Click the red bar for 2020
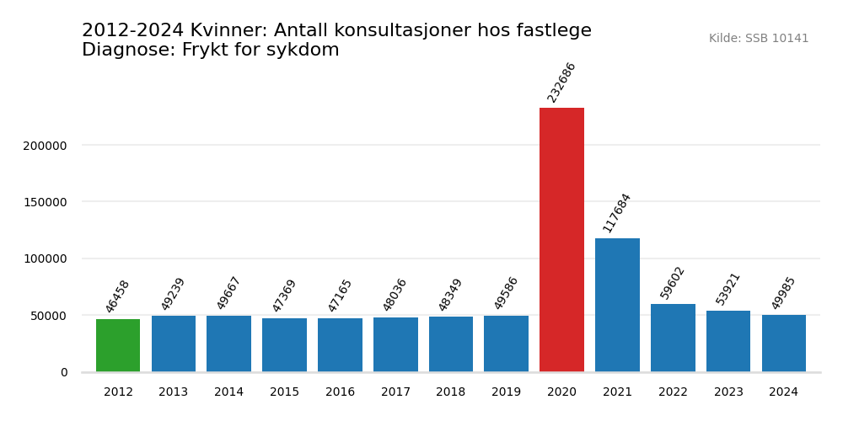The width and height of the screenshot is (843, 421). click(x=561, y=240)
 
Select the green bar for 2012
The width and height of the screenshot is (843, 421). click(x=118, y=345)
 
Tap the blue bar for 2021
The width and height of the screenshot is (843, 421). click(x=617, y=305)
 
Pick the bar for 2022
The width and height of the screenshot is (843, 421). click(x=673, y=338)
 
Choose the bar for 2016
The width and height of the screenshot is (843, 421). click(x=340, y=344)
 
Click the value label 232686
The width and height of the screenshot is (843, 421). click(x=561, y=83)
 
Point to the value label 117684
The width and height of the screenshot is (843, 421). click(x=617, y=213)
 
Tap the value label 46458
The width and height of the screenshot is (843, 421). click(x=118, y=296)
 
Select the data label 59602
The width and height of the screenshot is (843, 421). click(x=673, y=283)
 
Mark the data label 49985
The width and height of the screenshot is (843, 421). click(x=784, y=293)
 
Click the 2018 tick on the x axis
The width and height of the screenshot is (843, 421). click(x=451, y=392)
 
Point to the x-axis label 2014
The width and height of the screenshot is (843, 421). click(x=228, y=392)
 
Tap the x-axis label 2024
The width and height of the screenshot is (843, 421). click(x=784, y=392)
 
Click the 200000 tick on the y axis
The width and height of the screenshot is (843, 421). click(x=45, y=146)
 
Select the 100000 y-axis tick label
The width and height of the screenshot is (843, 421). click(x=45, y=258)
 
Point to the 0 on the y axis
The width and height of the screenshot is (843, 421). click(x=64, y=372)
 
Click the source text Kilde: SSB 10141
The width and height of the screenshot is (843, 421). click(x=759, y=39)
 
